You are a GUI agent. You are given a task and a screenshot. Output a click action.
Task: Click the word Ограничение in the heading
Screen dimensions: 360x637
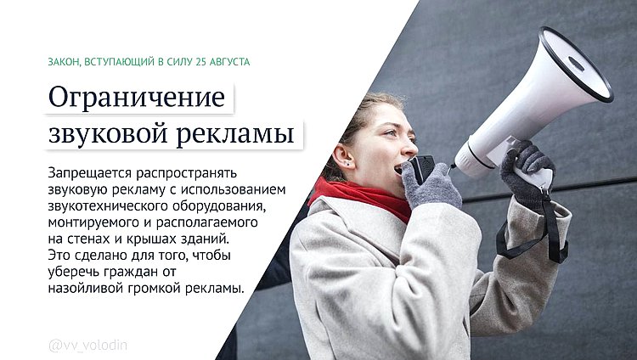136,98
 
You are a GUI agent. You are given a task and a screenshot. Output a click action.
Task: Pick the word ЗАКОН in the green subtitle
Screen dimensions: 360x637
66,62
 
